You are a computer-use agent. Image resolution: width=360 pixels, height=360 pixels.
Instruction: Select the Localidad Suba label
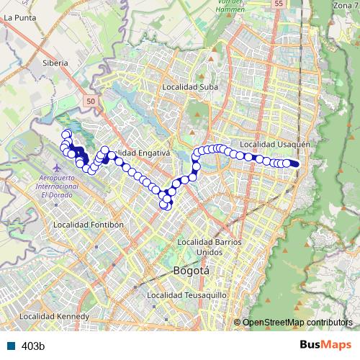point(190,87)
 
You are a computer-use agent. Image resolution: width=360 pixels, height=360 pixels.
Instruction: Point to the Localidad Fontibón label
point(89,224)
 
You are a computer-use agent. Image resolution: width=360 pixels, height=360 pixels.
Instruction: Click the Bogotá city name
point(192,271)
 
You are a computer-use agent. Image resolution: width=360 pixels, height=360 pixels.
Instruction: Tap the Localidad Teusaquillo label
point(186,295)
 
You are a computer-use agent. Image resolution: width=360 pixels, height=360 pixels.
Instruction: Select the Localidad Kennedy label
point(54,316)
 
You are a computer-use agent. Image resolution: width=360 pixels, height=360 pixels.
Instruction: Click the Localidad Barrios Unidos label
point(209,246)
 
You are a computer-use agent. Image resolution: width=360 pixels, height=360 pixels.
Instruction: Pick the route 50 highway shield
point(89,102)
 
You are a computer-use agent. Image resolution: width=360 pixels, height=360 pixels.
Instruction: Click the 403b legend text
point(33,346)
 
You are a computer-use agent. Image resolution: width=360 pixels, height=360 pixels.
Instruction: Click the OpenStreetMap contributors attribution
point(299,323)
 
